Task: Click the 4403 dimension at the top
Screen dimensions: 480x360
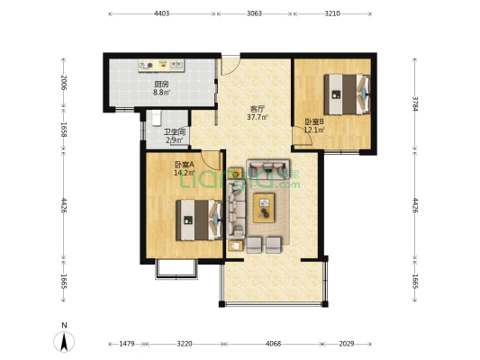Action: [161, 13]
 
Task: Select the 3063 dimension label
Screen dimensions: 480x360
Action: [254, 13]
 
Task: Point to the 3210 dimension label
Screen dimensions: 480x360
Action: [332, 13]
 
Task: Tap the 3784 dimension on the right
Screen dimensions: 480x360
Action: [415, 104]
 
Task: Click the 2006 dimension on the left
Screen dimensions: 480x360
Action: [64, 82]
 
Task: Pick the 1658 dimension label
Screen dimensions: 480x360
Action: [64, 130]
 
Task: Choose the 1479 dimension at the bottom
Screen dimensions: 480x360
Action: [127, 344]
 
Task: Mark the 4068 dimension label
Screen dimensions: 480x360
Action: [273, 344]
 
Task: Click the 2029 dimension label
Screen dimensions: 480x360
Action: [347, 344]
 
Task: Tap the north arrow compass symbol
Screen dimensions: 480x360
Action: [64, 341]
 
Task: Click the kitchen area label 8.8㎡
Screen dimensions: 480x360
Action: [161, 92]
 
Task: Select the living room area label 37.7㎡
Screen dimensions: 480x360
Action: [258, 117]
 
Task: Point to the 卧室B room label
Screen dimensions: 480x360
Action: [314, 121]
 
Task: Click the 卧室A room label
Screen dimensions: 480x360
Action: [185, 165]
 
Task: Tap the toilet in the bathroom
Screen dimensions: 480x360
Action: [156, 118]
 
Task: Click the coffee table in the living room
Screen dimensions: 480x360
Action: [264, 208]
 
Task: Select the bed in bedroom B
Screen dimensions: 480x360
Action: [347, 94]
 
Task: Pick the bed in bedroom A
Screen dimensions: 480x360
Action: [199, 220]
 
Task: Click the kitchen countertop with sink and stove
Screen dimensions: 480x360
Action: [161, 66]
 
